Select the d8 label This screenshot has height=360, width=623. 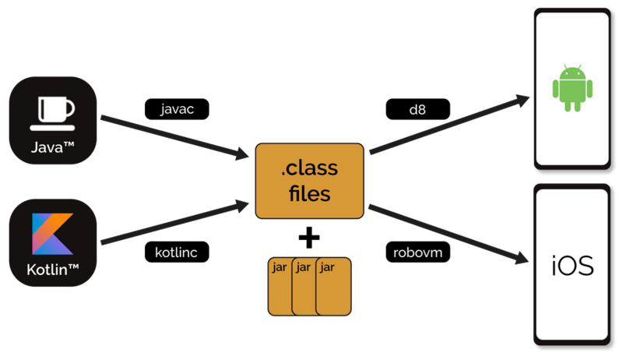[x=417, y=109]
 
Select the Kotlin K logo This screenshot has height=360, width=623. [x=53, y=234]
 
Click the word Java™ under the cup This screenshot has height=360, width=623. [x=53, y=146]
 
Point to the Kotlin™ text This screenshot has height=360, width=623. [x=53, y=273]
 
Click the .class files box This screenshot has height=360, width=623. [x=310, y=180]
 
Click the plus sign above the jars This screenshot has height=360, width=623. [x=310, y=236]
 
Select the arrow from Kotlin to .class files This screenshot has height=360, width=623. [x=171, y=224]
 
